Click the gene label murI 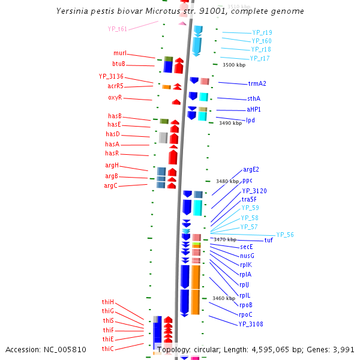pyautogui.click(x=120, y=53)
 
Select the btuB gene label pyautogui.click(x=119, y=64)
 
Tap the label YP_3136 pyautogui.click(x=111, y=76)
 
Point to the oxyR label pyautogui.click(x=115, y=97)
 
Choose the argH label pyautogui.click(x=112, y=166)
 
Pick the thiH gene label pyautogui.click(x=108, y=302)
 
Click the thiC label pyautogui.click(x=108, y=349)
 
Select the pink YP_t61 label pyautogui.click(x=118, y=29)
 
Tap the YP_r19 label pyautogui.click(x=262, y=32)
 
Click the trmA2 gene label pyautogui.click(x=257, y=83)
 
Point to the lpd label pyautogui.click(x=250, y=120)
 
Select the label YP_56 pyautogui.click(x=285, y=235)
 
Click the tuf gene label pyautogui.click(x=268, y=240)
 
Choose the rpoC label pyautogui.click(x=245, y=314)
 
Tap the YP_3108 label pyautogui.click(x=251, y=324)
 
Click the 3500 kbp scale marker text pyautogui.click(x=234, y=65)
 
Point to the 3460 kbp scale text pyautogui.click(x=224, y=298)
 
